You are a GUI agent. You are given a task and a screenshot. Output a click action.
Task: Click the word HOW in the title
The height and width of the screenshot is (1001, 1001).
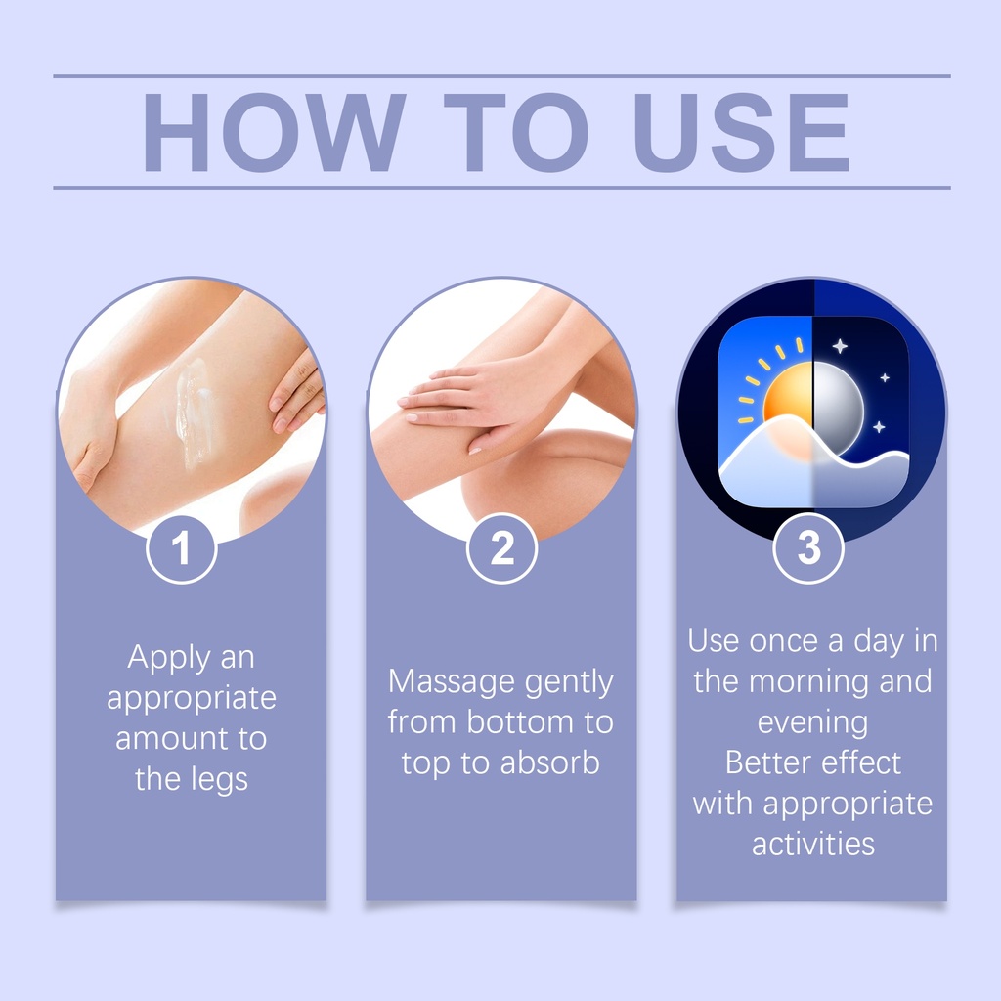coord(274,132)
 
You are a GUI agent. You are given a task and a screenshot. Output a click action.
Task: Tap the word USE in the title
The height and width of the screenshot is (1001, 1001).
coord(741,132)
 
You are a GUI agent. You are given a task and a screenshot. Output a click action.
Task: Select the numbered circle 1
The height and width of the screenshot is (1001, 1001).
coord(182,549)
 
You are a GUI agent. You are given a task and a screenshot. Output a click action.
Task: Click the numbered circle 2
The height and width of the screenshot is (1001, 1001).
coord(501,547)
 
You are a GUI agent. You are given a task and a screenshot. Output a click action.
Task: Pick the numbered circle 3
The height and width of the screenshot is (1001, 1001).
coord(808,547)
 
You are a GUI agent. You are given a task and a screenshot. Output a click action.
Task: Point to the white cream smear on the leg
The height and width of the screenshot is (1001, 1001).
coord(193,412)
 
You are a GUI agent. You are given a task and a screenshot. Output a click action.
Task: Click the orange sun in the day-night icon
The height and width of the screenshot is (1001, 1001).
coord(789,399)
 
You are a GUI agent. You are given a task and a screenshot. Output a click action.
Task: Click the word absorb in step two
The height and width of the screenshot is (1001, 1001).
coord(549,762)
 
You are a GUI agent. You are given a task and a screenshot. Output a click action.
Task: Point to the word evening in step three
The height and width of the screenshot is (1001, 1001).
coord(812,723)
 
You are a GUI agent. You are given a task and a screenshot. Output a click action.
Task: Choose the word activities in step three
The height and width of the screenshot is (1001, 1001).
coord(812,844)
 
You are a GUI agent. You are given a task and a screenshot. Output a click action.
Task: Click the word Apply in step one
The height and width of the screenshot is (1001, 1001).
coord(168,658)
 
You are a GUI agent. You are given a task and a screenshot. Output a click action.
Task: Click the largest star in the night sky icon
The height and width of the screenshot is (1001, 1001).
coord(840,346)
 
